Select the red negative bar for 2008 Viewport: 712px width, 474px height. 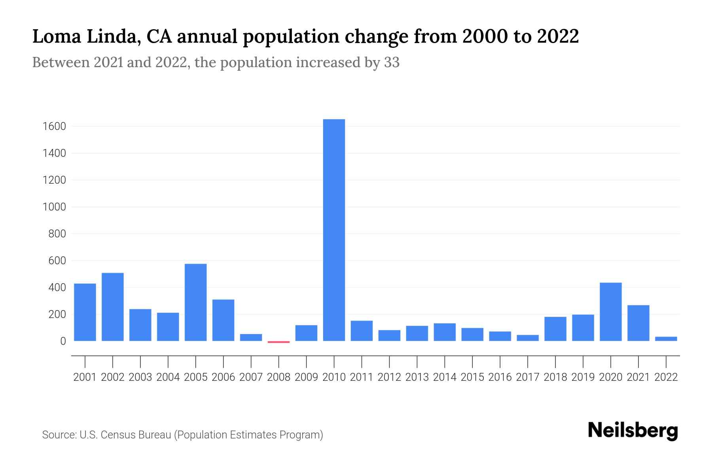click(x=278, y=342)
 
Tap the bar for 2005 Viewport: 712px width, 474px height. click(x=195, y=302)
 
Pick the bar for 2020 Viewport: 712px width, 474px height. click(x=610, y=312)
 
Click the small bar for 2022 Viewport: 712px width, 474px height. click(x=666, y=339)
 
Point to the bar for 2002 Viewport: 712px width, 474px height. click(x=112, y=307)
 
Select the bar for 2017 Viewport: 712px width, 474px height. click(x=527, y=338)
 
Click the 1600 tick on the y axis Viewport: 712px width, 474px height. click(x=54, y=126)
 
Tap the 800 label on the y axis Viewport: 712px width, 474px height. click(x=57, y=234)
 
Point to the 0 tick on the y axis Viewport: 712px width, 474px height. click(x=62, y=341)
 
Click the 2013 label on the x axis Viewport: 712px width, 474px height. click(x=417, y=377)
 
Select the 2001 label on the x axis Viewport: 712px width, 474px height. click(x=85, y=377)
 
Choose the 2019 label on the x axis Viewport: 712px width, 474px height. click(x=583, y=377)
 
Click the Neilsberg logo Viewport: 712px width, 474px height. click(x=632, y=431)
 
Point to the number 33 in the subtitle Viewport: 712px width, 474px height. click(x=392, y=62)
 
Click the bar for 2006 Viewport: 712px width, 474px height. click(x=223, y=320)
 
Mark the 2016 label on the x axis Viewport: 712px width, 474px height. click(x=500, y=377)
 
